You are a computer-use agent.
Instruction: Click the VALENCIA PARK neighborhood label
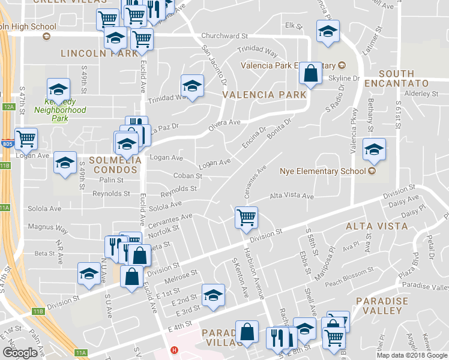click(x=265, y=95)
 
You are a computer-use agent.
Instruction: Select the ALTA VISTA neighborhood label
click(x=376, y=226)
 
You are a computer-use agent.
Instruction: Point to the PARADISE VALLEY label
click(x=382, y=306)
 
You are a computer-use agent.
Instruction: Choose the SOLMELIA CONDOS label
click(x=115, y=165)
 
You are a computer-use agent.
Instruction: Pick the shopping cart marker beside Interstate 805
click(x=26, y=139)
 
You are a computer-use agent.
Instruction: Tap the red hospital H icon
click(x=174, y=350)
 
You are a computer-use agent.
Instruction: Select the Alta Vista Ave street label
click(x=292, y=196)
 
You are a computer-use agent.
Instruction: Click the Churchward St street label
click(x=224, y=36)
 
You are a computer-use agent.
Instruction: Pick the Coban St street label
click(x=187, y=176)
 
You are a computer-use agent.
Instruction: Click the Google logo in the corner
click(x=20, y=352)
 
